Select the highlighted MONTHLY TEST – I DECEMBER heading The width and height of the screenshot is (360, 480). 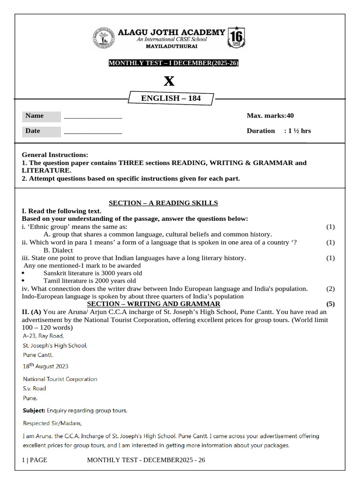173,63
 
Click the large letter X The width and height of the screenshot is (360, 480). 169,81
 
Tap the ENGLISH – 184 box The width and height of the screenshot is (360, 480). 171,98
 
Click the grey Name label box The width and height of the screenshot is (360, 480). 42,116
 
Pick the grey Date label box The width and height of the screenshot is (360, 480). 42,131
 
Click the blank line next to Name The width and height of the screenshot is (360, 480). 93,117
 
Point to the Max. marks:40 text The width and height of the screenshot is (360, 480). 270,116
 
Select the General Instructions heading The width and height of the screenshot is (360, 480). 55,155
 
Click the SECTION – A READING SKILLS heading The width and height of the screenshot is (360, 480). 163,203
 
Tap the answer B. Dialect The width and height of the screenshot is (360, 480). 58,250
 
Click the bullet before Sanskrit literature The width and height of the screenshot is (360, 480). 24,273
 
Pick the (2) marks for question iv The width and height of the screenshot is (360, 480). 330,289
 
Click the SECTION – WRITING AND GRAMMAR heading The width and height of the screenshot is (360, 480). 154,304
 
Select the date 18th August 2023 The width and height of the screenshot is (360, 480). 45,366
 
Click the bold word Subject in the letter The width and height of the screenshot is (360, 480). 34,411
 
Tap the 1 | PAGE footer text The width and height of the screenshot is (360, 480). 35,460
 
